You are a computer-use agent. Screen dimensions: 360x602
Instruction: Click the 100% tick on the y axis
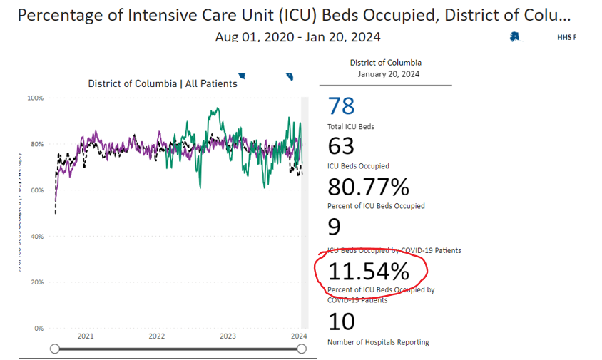[x=36, y=98]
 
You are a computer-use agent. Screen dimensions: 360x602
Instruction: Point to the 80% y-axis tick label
[x=36, y=144]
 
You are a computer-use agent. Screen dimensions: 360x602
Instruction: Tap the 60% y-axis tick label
[x=36, y=190]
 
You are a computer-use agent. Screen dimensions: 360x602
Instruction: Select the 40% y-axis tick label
[x=36, y=236]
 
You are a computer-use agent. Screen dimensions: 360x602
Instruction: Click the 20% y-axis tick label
[x=36, y=282]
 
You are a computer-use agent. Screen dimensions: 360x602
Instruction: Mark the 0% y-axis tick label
[x=39, y=329]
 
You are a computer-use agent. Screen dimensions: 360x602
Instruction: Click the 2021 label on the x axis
[x=86, y=336]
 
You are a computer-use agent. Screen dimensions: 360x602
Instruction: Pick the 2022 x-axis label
[x=157, y=336]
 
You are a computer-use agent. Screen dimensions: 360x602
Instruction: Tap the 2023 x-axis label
[x=228, y=336]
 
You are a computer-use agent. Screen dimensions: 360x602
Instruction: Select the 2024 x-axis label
[x=299, y=336]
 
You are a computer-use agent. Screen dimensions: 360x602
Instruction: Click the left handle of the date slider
[x=55, y=349]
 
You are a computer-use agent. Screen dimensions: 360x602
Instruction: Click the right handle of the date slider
[x=301, y=349]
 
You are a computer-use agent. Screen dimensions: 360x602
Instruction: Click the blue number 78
[x=341, y=106]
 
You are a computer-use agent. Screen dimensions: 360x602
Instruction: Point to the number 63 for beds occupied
[x=341, y=146]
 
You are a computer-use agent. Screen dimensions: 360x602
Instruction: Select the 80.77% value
[x=368, y=187]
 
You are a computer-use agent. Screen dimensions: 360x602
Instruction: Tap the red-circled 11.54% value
[x=368, y=271]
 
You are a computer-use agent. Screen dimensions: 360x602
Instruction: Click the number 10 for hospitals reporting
[x=341, y=322]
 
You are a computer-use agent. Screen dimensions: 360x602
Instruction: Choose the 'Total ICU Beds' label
[x=351, y=126]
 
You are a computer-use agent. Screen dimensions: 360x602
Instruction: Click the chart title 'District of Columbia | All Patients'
[x=163, y=83]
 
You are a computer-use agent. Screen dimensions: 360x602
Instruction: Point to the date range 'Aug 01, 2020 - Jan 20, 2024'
[x=297, y=36]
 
